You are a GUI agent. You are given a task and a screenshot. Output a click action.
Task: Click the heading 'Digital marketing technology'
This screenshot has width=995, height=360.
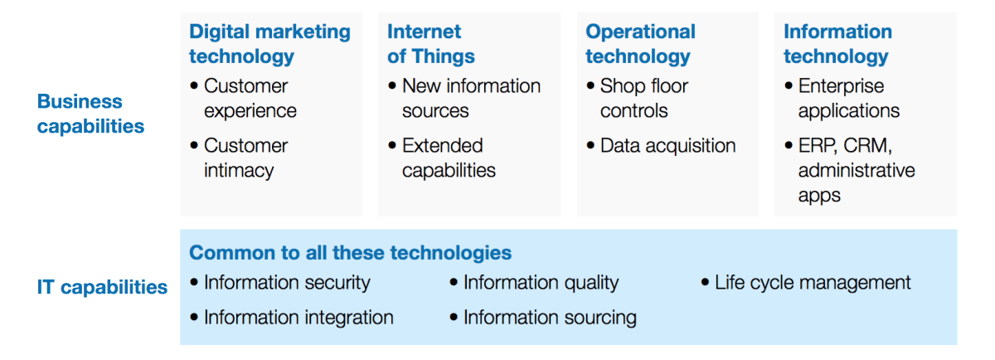(269, 44)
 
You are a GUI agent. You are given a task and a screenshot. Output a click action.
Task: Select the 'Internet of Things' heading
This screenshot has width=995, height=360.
(431, 44)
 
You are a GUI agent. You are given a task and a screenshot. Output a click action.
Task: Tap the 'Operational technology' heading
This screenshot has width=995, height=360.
(640, 44)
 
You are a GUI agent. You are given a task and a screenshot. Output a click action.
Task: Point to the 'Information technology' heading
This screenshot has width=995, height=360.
(837, 44)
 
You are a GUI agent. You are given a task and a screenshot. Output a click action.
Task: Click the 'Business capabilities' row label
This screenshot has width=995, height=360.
(90, 114)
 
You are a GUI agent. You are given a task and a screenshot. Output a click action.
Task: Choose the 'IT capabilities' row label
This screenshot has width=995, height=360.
(102, 287)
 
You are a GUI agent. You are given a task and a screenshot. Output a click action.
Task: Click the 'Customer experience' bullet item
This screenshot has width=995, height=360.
(250, 98)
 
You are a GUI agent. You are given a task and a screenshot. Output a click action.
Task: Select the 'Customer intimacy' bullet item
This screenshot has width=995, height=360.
(245, 158)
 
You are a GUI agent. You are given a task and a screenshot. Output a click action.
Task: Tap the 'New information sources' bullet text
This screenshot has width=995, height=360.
(471, 98)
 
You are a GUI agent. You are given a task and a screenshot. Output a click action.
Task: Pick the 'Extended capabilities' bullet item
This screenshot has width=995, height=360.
(449, 158)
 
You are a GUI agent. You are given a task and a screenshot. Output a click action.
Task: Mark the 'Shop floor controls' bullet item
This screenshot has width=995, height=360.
(644, 98)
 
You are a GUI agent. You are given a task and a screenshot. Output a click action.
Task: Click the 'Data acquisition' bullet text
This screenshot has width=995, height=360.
(668, 146)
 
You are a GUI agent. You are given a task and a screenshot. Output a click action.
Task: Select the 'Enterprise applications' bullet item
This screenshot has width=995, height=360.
(849, 98)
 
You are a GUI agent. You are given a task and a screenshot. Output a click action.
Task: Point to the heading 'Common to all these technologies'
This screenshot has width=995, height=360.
(351, 253)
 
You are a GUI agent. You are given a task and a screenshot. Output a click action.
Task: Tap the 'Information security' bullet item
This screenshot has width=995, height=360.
(287, 283)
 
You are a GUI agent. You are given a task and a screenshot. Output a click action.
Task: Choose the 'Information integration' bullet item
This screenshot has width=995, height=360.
(298, 318)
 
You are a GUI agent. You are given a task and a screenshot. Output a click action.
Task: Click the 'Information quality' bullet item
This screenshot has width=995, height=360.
(541, 283)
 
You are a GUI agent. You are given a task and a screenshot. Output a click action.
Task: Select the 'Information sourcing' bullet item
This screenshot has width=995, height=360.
(550, 318)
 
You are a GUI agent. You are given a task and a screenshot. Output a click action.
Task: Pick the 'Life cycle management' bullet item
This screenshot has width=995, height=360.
(813, 283)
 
